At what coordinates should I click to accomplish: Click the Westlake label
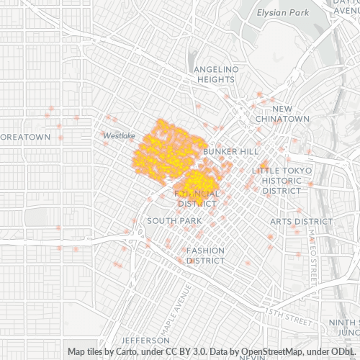pos(119,135)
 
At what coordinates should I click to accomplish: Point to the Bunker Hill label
pos(230,152)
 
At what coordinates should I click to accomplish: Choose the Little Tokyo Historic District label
pos(282,180)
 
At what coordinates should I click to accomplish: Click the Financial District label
pos(197,199)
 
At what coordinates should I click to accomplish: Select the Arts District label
pos(301,221)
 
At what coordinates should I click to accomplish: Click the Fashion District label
pos(206,255)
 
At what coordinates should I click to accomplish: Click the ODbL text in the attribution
pos(338,352)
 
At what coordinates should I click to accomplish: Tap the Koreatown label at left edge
pos(25,137)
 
